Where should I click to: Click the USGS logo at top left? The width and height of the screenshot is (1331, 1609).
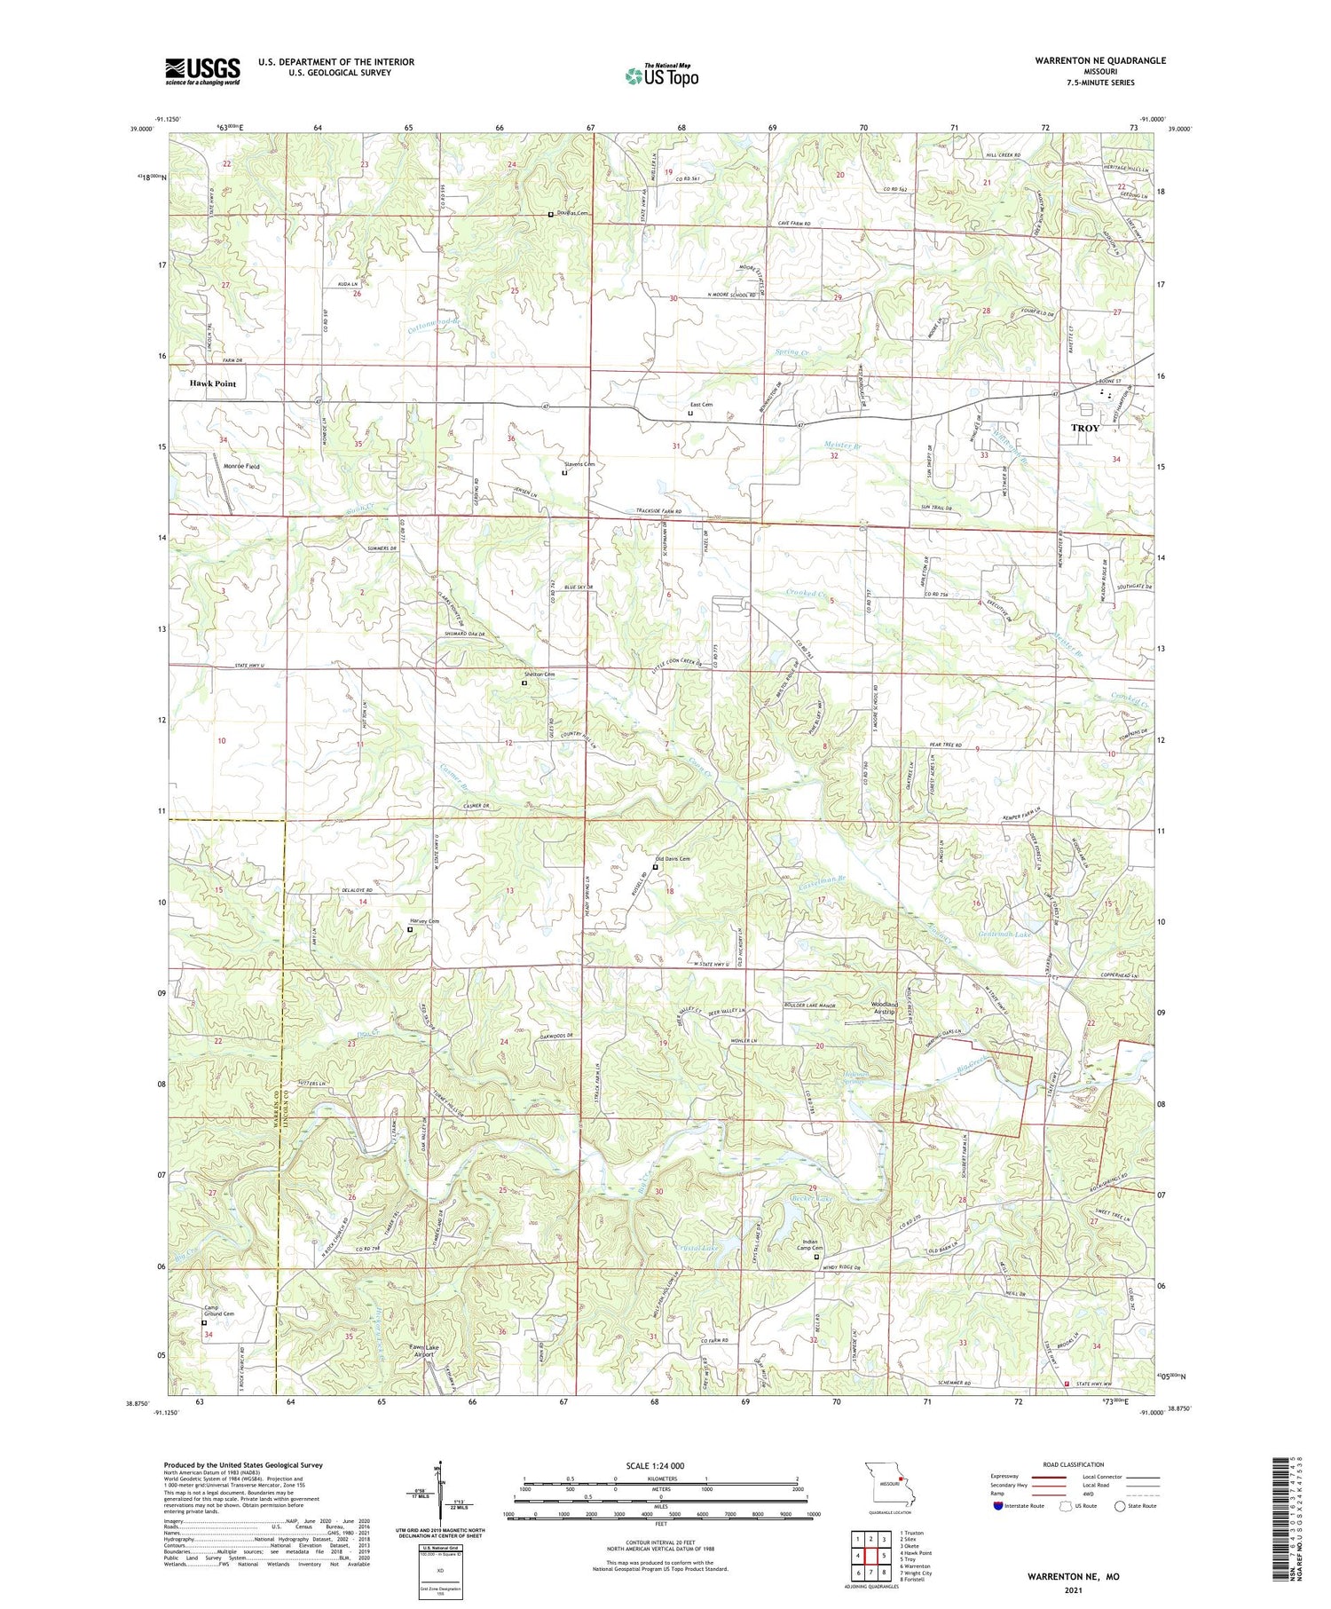(202, 71)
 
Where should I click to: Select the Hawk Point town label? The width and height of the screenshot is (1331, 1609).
(212, 383)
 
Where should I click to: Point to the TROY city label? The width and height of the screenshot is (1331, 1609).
(1084, 428)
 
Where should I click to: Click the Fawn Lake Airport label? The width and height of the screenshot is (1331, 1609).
(423, 1351)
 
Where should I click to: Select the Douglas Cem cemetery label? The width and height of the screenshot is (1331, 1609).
(572, 213)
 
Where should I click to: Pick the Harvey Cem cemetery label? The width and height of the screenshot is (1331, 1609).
(424, 921)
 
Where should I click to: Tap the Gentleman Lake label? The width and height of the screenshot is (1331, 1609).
(1004, 935)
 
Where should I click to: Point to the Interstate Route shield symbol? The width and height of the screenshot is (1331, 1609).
(998, 1506)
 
